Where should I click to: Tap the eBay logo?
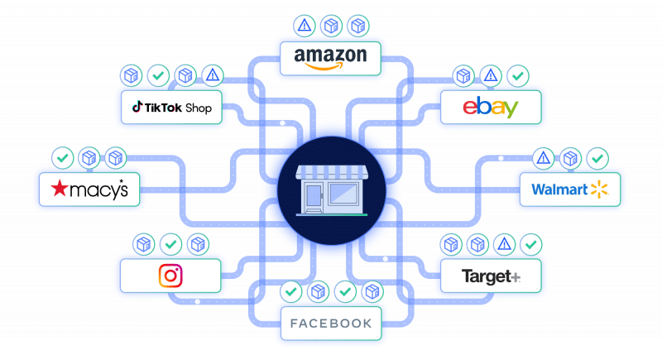[490, 108]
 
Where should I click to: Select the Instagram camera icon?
[170, 275]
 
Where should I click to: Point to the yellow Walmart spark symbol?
[600, 190]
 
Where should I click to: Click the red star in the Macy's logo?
[60, 190]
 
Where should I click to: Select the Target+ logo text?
[491, 276]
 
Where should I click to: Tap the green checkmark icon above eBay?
[517, 76]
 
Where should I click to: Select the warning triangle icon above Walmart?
[544, 157]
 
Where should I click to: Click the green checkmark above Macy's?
[62, 156]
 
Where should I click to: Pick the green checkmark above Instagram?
[170, 244]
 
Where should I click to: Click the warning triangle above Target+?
[503, 244]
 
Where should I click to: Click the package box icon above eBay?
[463, 76]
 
